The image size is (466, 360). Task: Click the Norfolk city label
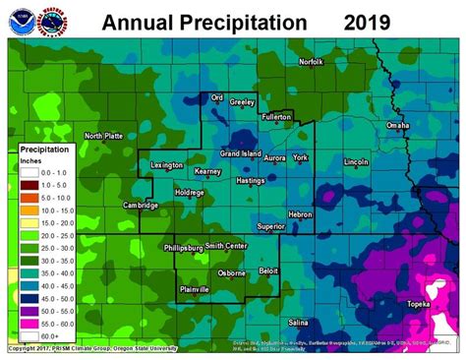(x=311, y=62)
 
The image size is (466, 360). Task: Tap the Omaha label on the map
(x=398, y=126)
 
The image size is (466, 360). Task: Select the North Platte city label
(x=104, y=136)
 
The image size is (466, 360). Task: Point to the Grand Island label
(x=240, y=153)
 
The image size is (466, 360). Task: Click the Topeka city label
(x=419, y=304)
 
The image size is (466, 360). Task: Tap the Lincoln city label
(x=356, y=161)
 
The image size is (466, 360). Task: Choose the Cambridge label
(x=141, y=206)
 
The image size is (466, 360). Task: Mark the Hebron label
(x=299, y=213)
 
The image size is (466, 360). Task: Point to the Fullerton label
(x=277, y=116)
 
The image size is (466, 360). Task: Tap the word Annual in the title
(x=138, y=21)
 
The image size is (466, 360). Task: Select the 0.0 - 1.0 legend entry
(x=50, y=171)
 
